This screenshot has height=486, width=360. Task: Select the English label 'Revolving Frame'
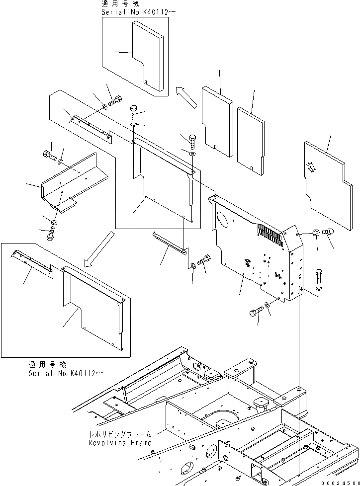coord(120,443)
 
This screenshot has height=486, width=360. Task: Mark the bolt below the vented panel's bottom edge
coord(255,312)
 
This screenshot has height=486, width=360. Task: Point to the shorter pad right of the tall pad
coord(251,141)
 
